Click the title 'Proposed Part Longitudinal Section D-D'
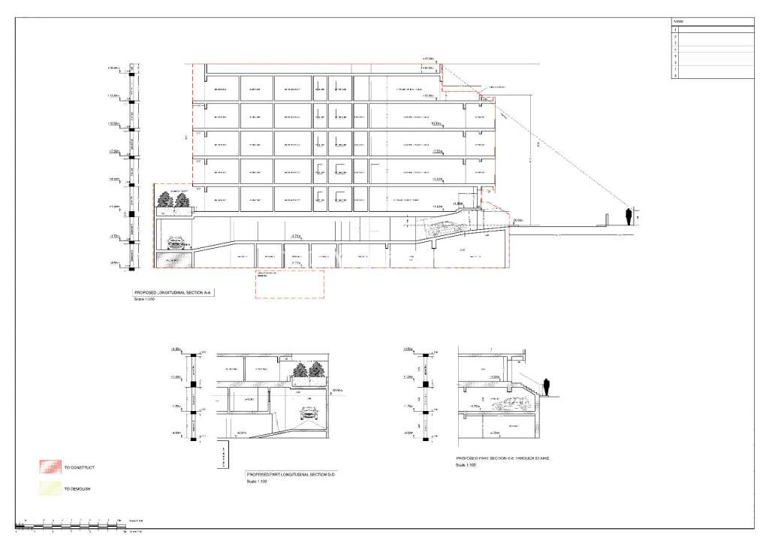[x=289, y=475]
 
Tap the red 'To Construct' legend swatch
[x=49, y=467]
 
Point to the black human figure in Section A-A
[x=629, y=216]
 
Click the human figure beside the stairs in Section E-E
[x=547, y=386]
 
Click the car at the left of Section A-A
[x=178, y=243]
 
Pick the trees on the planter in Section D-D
[x=307, y=370]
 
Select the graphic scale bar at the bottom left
[x=71, y=523]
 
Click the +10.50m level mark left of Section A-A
[x=115, y=123]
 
